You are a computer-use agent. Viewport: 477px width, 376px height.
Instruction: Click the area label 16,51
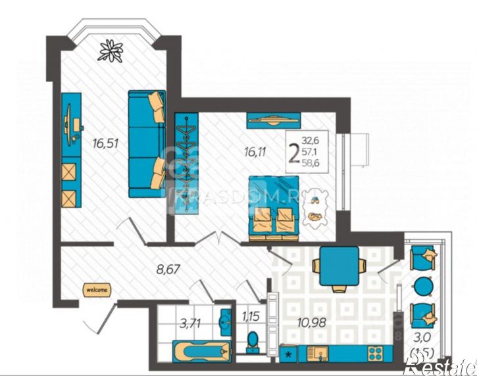coord(105,143)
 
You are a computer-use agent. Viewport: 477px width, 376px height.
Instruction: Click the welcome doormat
coord(96,288)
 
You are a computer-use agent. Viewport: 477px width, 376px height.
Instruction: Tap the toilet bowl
coord(251,341)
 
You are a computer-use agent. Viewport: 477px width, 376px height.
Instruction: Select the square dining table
coord(338,266)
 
